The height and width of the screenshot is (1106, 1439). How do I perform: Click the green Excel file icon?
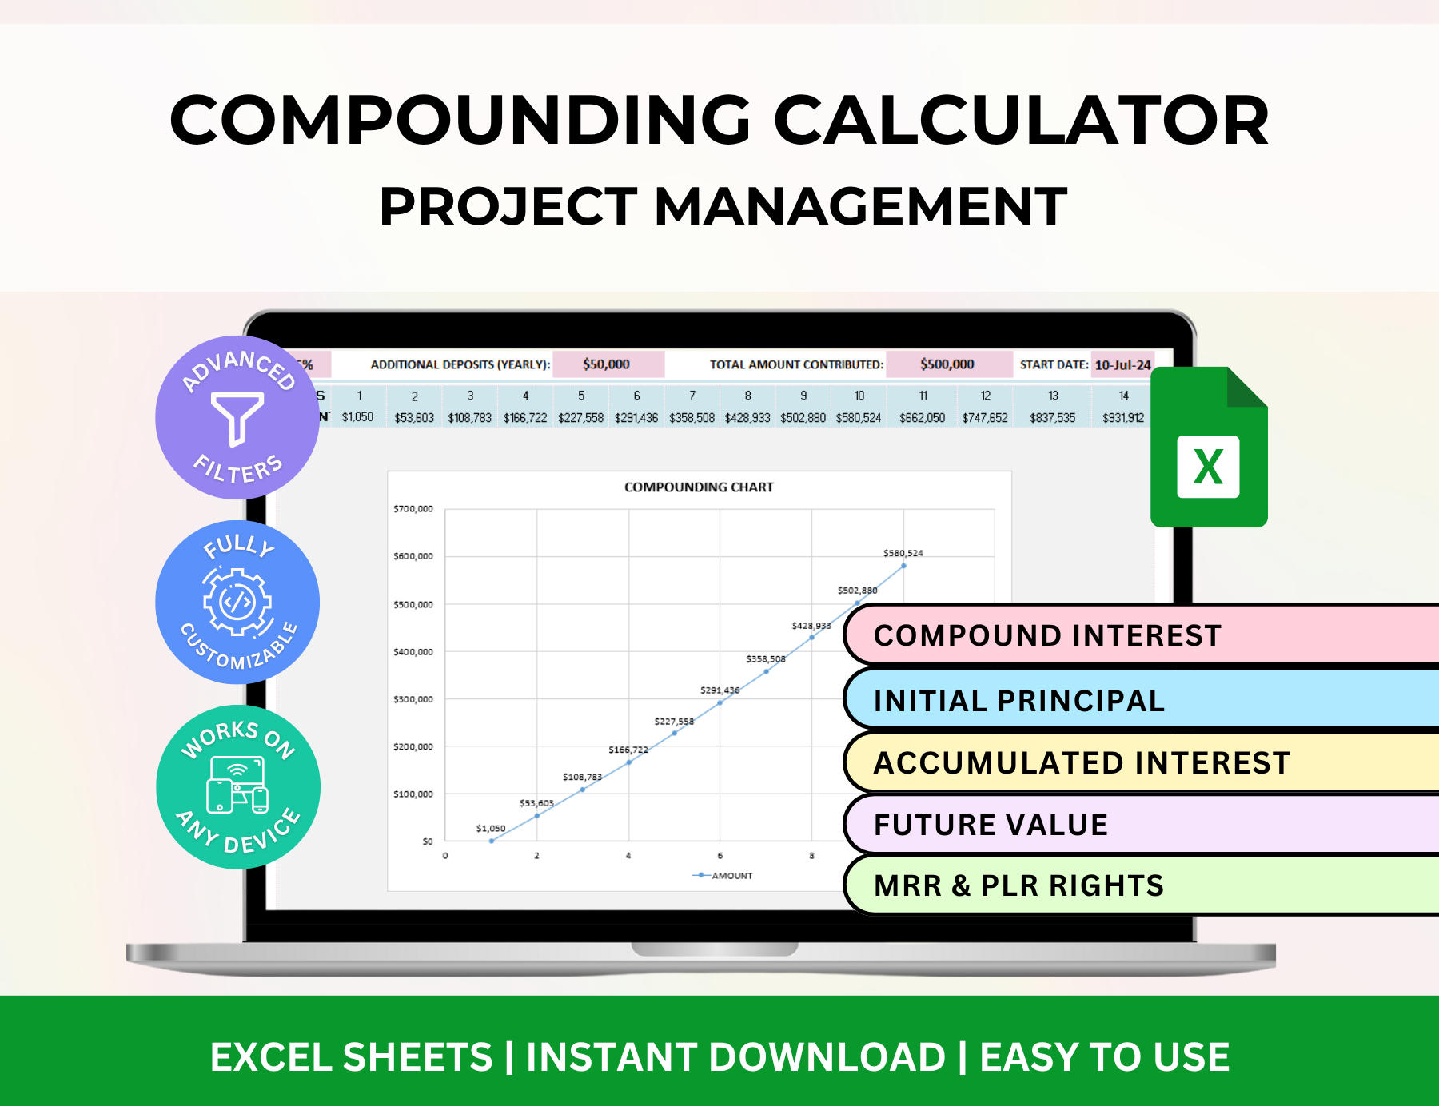pos(1208,448)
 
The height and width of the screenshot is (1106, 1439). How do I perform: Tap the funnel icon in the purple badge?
pos(237,417)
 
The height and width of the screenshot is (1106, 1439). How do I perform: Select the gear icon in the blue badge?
pos(237,602)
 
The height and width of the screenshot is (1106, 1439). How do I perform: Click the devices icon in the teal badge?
pos(237,786)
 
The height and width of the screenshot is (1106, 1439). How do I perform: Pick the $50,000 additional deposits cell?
pos(607,364)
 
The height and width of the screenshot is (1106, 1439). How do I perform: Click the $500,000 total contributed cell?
pos(947,364)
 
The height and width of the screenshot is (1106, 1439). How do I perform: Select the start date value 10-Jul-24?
pos(1122,365)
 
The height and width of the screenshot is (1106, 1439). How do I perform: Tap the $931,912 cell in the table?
pos(1123,417)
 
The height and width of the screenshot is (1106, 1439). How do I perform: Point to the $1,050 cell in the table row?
pos(357,417)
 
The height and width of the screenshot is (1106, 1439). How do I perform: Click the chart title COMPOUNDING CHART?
pos(699,487)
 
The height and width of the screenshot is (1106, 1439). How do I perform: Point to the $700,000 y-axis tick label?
pos(413,509)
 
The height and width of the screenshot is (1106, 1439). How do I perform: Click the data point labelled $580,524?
pos(903,566)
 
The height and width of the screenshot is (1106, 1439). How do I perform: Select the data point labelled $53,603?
pos(537,815)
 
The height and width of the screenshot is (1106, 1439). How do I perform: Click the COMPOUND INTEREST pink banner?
pos(1047,635)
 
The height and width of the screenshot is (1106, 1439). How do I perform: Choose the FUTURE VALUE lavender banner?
pos(991,825)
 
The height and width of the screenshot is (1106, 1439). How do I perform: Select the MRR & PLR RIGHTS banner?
pos(1019,885)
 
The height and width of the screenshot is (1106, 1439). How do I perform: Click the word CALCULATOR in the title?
pos(1021,121)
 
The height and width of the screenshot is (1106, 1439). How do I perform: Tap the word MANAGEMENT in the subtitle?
pos(860,207)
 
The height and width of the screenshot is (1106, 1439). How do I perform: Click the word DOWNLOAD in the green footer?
pos(827,1057)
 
